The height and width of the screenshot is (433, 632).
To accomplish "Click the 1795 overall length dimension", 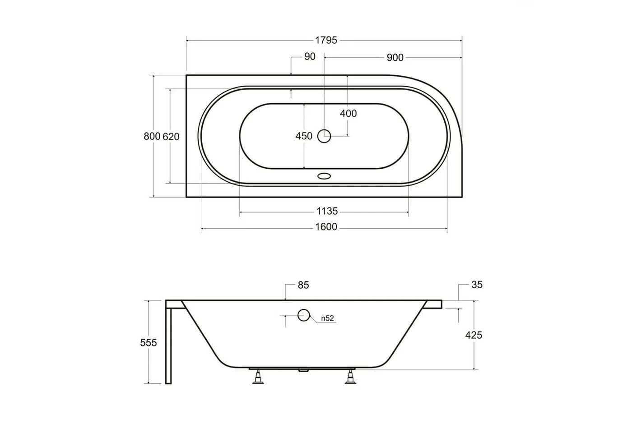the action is (x=326, y=40).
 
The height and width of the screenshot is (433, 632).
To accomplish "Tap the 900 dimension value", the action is (x=395, y=58).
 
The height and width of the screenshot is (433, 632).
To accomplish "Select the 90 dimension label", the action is (x=310, y=56).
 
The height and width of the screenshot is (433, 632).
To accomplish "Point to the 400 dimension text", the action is (x=348, y=113).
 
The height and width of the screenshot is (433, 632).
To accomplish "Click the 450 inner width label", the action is (x=304, y=136).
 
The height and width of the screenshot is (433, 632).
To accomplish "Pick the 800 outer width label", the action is (x=152, y=136).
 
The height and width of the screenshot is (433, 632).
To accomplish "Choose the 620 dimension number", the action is (x=171, y=137).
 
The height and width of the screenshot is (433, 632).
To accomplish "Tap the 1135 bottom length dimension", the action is (x=327, y=211).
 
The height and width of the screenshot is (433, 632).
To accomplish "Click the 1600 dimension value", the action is (x=326, y=226).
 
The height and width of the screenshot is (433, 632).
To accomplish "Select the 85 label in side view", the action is (x=303, y=285).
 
